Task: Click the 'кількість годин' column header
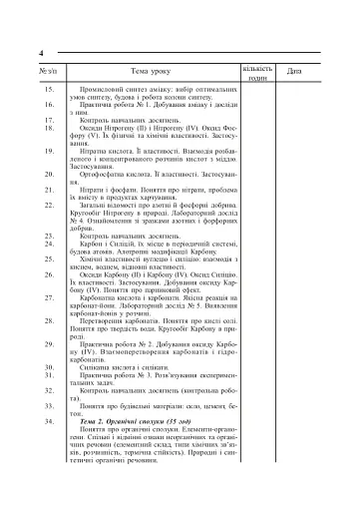tap(256, 72)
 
